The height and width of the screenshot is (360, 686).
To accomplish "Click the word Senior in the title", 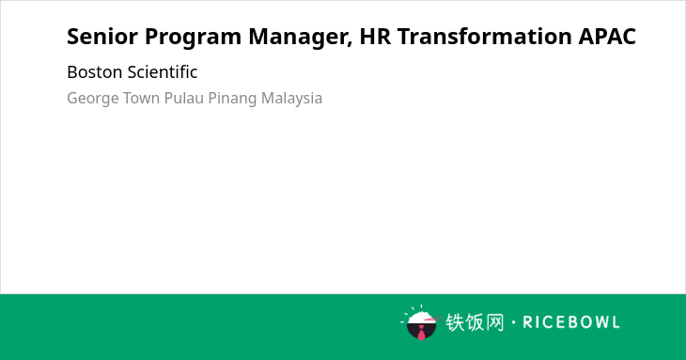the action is pyautogui.click(x=102, y=37).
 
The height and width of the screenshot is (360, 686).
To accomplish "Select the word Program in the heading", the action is pyautogui.click(x=193, y=38).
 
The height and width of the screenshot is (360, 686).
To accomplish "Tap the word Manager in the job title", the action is pyautogui.click(x=301, y=38).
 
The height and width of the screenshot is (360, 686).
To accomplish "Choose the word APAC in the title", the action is pyautogui.click(x=607, y=37).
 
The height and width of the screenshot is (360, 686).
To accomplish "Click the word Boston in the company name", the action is pyautogui.click(x=93, y=72).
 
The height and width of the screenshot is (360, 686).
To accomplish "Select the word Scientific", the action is pyautogui.click(x=161, y=72).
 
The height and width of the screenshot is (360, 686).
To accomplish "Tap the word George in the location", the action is pyautogui.click(x=93, y=99).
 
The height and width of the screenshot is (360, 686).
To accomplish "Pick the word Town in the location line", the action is pyautogui.click(x=141, y=98).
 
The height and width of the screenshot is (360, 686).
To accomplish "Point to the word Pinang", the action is pyautogui.click(x=232, y=99).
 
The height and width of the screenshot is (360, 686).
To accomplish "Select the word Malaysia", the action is pyautogui.click(x=292, y=99).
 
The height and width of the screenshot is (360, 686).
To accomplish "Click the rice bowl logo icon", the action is pyautogui.click(x=420, y=322).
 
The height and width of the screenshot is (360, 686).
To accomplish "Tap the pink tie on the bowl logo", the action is pyautogui.click(x=421, y=334).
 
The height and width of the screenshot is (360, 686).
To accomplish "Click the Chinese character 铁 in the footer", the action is pyautogui.click(x=455, y=322).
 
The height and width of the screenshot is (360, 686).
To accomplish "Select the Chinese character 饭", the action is pyautogui.click(x=475, y=322).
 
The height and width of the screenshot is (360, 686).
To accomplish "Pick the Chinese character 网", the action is pyautogui.click(x=494, y=322).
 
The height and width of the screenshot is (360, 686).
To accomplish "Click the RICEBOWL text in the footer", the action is pyautogui.click(x=571, y=322).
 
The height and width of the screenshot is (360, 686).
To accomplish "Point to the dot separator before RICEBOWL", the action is pyautogui.click(x=513, y=322).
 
